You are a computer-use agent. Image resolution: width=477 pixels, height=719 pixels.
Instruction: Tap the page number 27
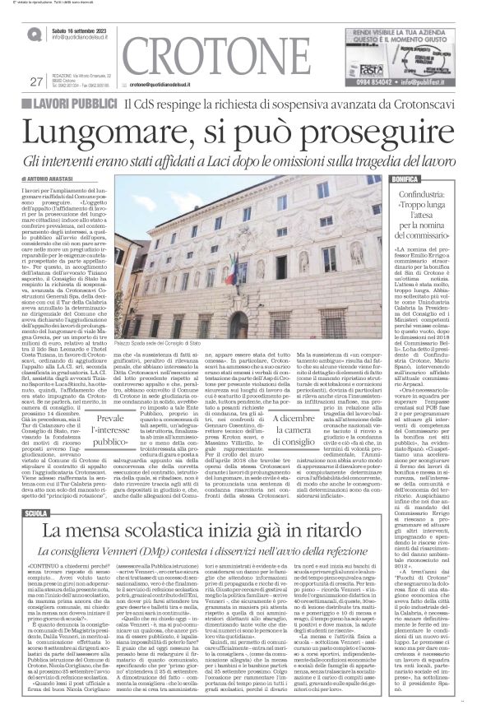click(35, 81)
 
